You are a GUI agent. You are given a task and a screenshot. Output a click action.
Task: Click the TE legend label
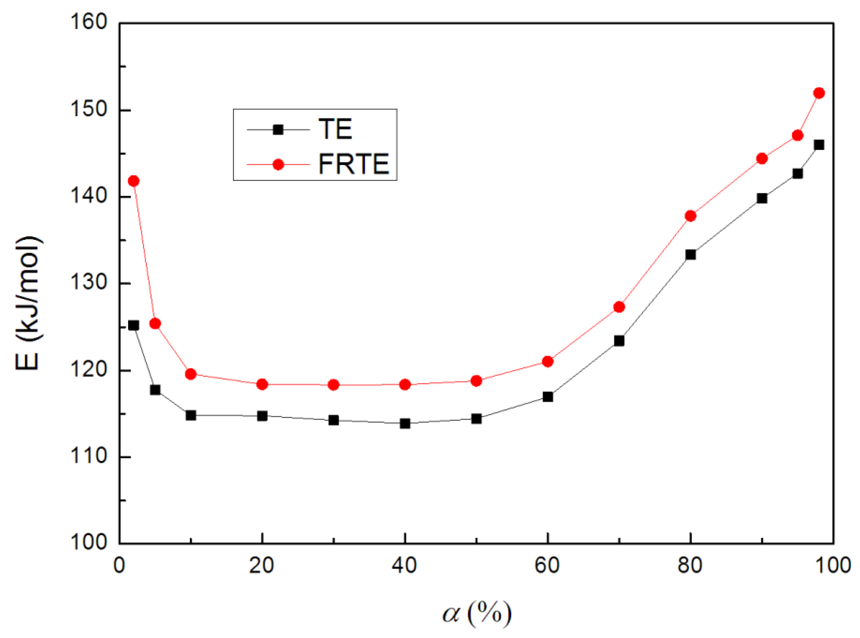tap(335, 129)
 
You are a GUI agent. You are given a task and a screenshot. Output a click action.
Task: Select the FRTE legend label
tap(353, 164)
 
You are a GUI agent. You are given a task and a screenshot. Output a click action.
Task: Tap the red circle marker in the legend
tap(278, 164)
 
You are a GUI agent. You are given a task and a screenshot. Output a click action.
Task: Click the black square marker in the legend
tap(278, 129)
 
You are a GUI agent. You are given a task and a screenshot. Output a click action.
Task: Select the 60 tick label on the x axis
tap(547, 565)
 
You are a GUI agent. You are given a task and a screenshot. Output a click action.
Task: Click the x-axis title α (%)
tap(477, 613)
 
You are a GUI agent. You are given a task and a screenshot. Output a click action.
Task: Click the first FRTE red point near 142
tap(133, 181)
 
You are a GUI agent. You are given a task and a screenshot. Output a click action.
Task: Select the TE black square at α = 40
tap(405, 424)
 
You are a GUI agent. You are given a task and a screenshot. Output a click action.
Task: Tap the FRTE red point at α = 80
tap(690, 216)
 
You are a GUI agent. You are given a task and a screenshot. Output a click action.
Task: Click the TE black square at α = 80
tap(690, 255)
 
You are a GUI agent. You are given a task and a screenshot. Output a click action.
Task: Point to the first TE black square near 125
tap(133, 325)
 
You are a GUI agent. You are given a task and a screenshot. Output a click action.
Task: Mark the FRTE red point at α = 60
tap(548, 361)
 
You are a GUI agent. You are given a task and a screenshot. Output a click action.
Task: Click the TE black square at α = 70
tap(619, 341)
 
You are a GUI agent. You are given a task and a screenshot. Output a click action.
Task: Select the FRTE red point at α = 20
tap(262, 384)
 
